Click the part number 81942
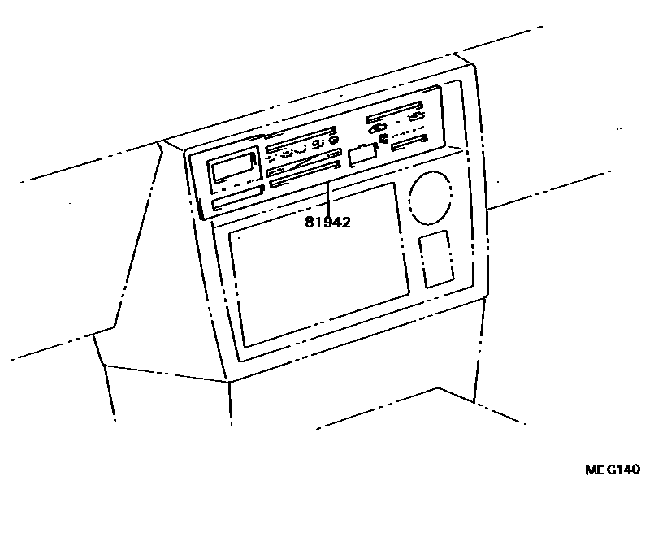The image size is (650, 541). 328,222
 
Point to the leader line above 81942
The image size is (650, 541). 328,198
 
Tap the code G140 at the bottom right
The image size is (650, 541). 622,470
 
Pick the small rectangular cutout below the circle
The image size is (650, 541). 436,258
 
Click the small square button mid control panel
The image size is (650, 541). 362,154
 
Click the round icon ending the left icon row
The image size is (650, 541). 333,141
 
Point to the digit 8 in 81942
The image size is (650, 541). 310,222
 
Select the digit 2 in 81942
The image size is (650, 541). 346,222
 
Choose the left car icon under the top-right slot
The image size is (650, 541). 377,129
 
